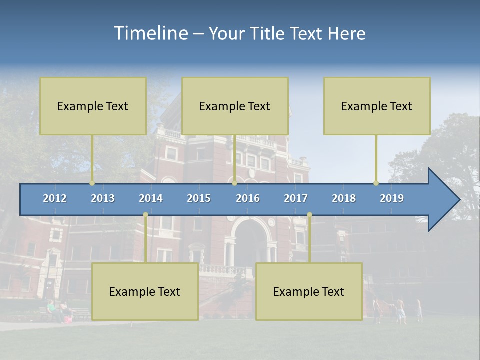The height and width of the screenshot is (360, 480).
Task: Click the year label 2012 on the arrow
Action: (x=55, y=198)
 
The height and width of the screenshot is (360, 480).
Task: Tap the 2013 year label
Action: (x=103, y=198)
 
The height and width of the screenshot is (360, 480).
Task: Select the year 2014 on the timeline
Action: (x=151, y=198)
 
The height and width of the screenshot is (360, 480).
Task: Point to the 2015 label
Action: (x=199, y=198)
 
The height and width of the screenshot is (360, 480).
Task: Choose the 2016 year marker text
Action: (x=248, y=198)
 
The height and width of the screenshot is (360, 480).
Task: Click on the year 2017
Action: (x=296, y=198)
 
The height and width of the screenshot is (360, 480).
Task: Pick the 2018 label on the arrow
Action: (x=344, y=198)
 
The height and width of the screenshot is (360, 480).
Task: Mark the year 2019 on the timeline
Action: (x=392, y=198)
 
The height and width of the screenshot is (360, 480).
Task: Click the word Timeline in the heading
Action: (x=150, y=33)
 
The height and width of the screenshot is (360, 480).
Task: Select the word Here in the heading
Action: (x=347, y=34)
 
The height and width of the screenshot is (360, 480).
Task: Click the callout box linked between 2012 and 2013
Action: (x=93, y=106)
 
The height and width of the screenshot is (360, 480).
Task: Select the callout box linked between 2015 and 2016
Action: (x=235, y=106)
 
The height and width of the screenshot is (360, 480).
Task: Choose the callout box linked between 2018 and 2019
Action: (x=377, y=106)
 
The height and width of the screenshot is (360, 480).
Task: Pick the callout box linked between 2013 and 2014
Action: (x=145, y=291)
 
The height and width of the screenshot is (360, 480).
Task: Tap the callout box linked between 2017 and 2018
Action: (x=309, y=291)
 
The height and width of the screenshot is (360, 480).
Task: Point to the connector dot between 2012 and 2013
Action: (x=92, y=183)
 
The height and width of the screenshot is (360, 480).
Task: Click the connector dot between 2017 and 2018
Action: (x=309, y=215)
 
